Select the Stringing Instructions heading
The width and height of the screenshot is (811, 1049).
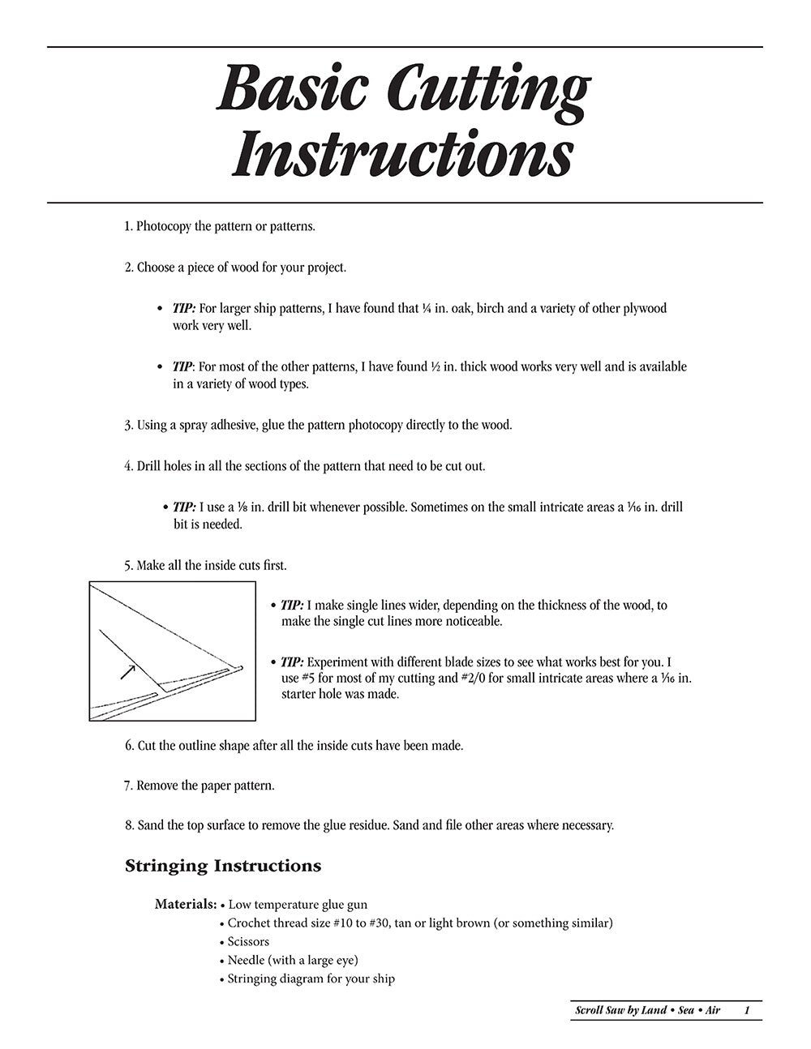[223, 866]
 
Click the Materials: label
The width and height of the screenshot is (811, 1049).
[186, 904]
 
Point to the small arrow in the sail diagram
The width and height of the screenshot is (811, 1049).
[127, 670]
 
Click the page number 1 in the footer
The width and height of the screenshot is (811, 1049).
[746, 1010]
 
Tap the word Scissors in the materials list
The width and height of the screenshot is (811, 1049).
[248, 941]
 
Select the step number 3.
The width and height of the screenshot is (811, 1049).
[128, 425]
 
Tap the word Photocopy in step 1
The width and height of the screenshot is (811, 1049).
[164, 226]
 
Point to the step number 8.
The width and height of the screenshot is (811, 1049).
[129, 825]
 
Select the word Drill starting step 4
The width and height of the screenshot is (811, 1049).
[152, 466]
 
